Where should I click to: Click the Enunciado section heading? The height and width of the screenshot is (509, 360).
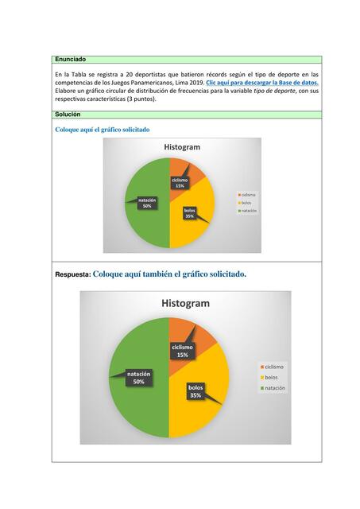point(70,60)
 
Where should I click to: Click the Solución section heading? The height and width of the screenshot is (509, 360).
point(68,115)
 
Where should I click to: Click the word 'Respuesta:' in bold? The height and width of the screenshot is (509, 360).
point(72,275)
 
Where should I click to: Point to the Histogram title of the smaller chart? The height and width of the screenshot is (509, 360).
point(182,147)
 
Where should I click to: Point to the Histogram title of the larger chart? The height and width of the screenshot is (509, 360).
point(185,303)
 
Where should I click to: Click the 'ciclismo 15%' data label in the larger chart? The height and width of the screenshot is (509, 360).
point(182,351)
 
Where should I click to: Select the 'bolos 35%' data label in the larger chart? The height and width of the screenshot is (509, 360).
point(195,390)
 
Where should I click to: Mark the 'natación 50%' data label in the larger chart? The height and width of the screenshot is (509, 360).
point(138,377)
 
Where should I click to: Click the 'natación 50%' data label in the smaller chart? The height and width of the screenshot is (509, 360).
point(147,203)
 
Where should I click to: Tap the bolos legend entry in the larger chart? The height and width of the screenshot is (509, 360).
point(269,377)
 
